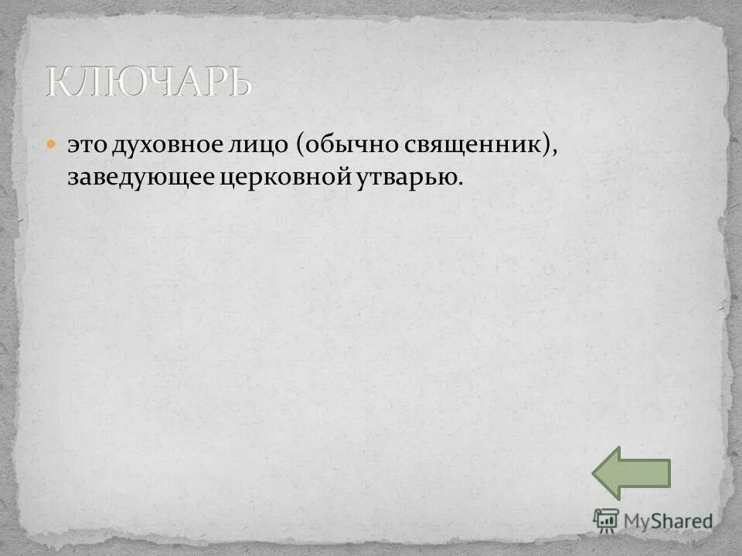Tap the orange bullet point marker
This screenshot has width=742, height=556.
click(x=52, y=144)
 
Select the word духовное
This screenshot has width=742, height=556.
click(x=162, y=146)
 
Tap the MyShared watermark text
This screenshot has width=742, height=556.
click(x=669, y=521)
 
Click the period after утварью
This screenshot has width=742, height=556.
click(x=463, y=185)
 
